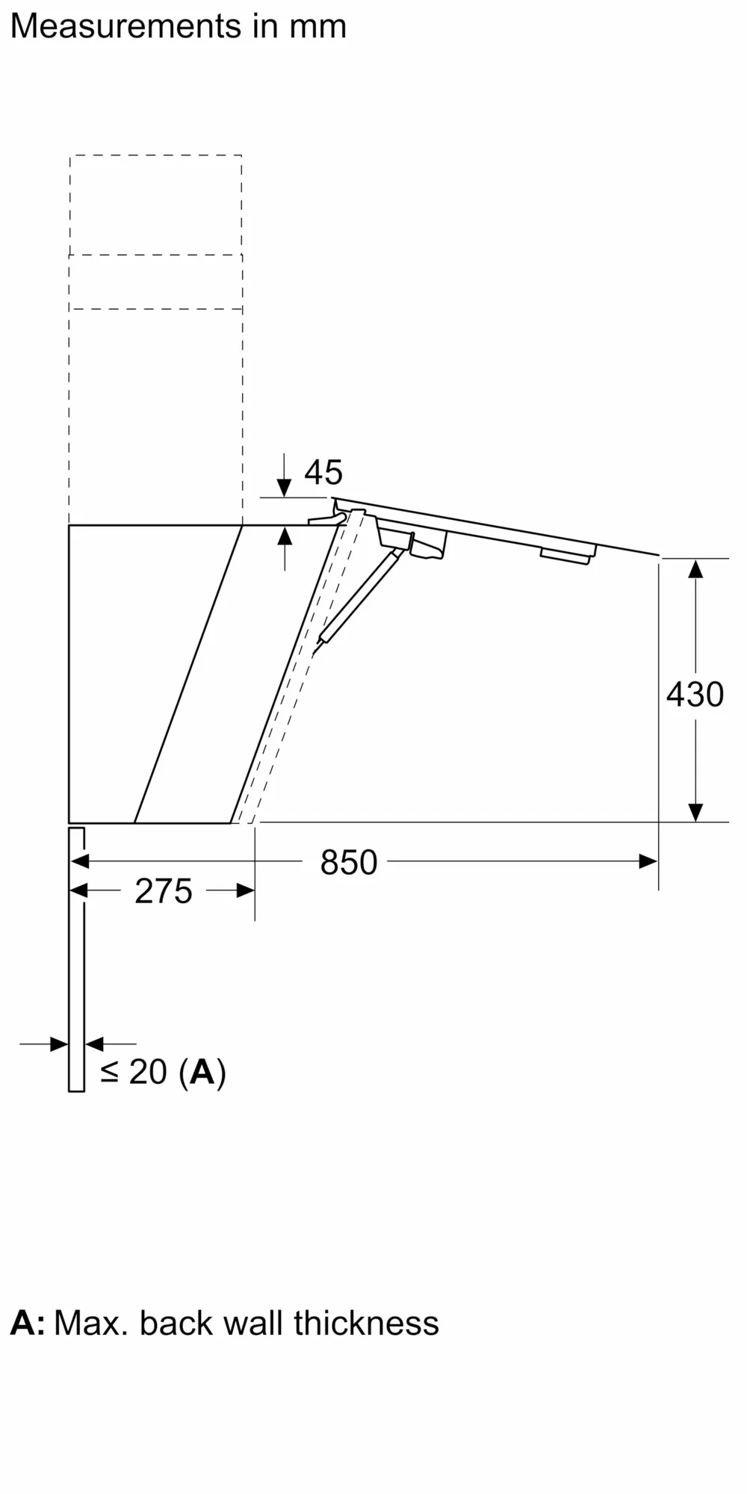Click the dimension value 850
tap(348, 862)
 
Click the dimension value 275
tap(164, 891)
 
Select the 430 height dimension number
tap(695, 694)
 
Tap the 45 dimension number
tap(323, 472)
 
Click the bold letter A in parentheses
tap(202, 1072)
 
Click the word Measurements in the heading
tap(125, 27)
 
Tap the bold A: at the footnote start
tap(28, 1323)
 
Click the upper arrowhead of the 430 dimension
tap(695, 569)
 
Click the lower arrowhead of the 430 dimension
tap(695, 811)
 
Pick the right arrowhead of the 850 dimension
tap(648, 861)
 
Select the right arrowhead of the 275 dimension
tap(245, 890)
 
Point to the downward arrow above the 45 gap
tap(285, 486)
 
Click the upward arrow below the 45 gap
tap(285, 537)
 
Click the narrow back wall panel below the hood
tap(76, 964)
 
